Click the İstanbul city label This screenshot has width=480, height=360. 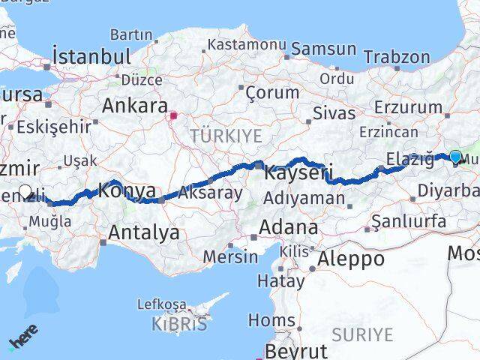click(92, 56)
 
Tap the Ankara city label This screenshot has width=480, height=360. click(135, 105)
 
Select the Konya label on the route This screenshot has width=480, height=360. click(127, 190)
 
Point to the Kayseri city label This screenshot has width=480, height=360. click(298, 173)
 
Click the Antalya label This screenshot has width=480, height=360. click(144, 232)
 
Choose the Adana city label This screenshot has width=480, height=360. click(288, 227)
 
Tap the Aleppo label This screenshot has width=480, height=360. click(351, 259)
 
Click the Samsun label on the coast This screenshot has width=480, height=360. click(323, 49)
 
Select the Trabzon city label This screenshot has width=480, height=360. click(397, 57)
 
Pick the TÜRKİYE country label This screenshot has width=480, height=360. click(226, 136)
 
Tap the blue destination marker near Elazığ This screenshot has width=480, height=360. click(455, 157)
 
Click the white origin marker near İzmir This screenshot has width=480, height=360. click(25, 192)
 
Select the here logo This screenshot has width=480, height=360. click(23, 335)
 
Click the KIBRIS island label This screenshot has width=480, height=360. click(181, 325)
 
